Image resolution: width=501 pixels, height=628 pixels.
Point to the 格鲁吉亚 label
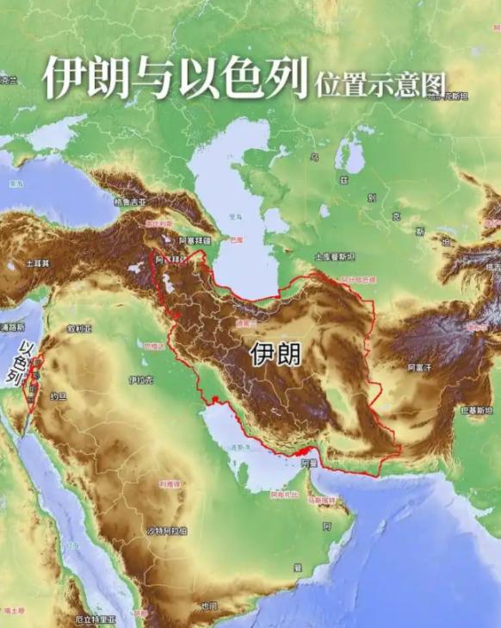(131, 202)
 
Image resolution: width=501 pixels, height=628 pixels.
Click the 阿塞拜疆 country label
(194, 240)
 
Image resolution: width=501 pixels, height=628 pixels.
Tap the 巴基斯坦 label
(477, 412)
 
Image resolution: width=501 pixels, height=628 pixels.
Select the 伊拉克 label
(140, 379)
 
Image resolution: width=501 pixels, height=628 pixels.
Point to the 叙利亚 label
(78, 328)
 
